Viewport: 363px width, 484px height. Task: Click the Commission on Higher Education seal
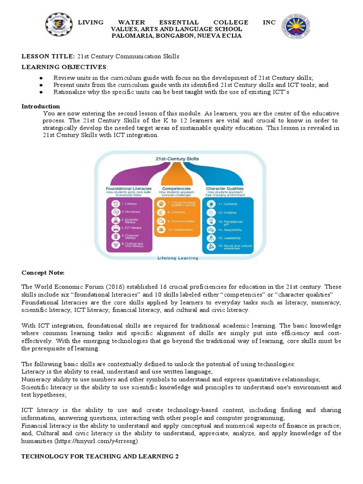(x=297, y=27)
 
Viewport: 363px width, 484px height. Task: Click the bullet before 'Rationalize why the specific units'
(x=42, y=92)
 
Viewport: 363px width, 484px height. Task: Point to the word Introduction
(x=41, y=106)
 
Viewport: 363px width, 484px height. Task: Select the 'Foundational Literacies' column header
(x=129, y=188)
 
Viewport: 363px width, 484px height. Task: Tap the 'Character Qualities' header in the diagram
(x=225, y=188)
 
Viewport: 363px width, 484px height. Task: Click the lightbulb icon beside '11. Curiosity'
(x=211, y=204)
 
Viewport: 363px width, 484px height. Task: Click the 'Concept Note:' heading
(x=43, y=273)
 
